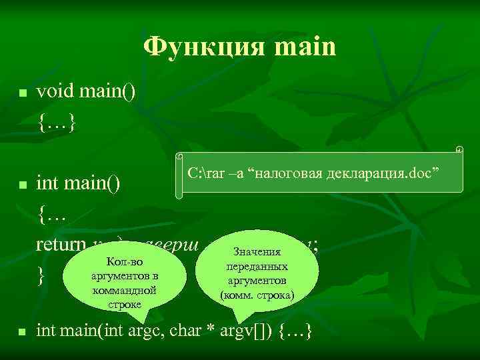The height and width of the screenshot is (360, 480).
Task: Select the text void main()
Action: tap(86, 93)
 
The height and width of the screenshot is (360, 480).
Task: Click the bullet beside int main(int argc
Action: tap(22, 331)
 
